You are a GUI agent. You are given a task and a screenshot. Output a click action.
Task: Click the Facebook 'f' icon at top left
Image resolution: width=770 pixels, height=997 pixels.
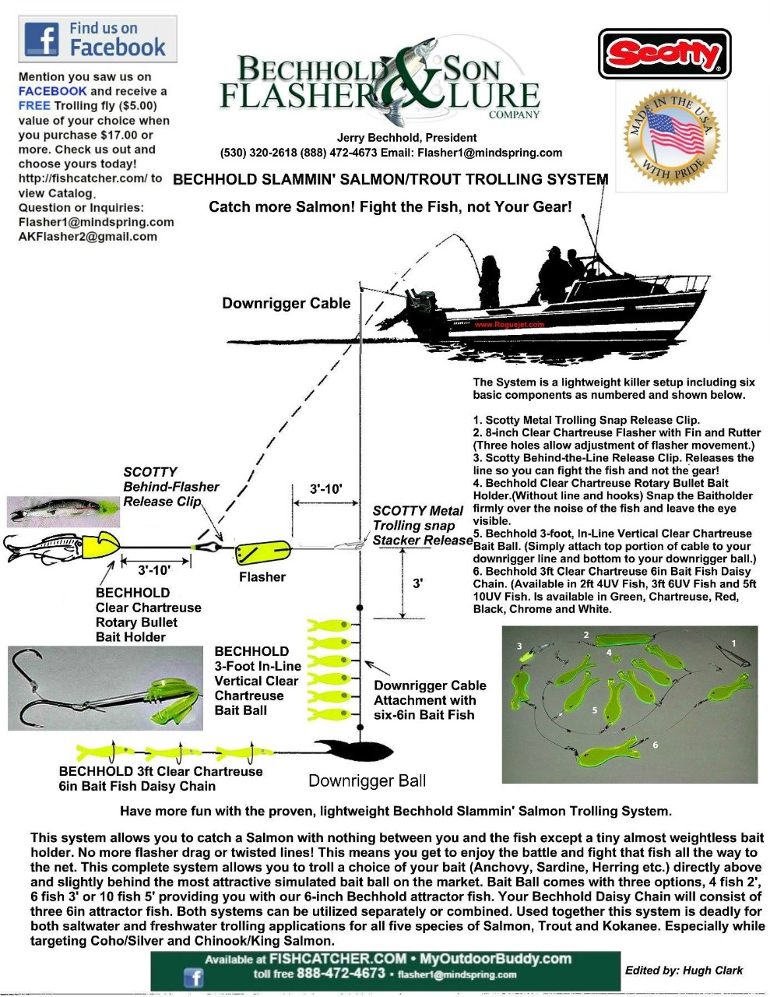tap(42, 38)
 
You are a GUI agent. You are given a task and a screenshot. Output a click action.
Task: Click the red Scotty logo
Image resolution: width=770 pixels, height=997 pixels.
tap(664, 54)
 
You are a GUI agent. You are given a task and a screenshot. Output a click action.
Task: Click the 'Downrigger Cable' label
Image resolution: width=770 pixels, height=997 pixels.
tap(286, 304)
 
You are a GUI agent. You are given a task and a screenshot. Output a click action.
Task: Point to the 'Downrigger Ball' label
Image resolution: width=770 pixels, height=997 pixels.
tap(367, 780)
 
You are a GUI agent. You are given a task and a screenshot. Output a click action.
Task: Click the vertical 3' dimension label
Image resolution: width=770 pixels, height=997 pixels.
tap(418, 583)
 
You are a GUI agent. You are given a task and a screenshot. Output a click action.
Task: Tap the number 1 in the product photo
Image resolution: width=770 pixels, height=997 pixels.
tap(733, 643)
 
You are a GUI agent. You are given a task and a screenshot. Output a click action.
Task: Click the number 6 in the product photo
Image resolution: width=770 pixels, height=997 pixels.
tap(655, 745)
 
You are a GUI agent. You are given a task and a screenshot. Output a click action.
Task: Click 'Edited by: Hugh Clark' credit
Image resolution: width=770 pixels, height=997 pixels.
tap(684, 970)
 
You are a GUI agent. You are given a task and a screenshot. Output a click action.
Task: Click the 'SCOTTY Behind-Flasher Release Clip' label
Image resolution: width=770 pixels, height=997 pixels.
tap(171, 487)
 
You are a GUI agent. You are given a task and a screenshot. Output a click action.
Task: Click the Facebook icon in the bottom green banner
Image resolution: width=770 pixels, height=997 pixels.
tap(192, 978)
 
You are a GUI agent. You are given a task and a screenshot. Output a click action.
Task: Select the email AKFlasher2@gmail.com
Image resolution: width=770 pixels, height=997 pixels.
tap(87, 237)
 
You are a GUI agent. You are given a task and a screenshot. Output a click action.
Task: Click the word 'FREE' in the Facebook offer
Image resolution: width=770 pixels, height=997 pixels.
tap(34, 106)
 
